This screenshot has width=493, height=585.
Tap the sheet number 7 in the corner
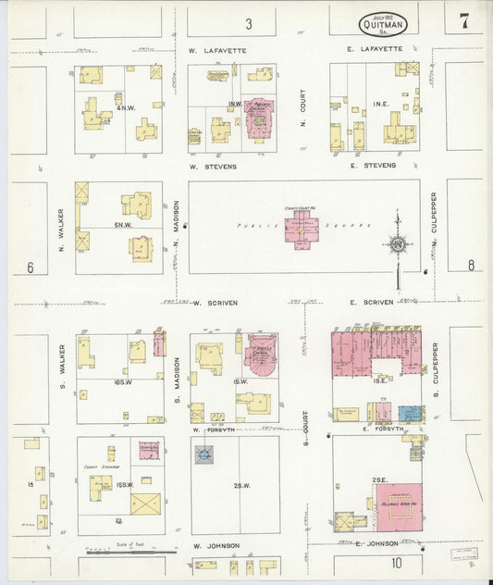[x=463, y=20]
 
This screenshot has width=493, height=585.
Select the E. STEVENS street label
[x=374, y=166]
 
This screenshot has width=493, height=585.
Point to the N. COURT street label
[x=302, y=107]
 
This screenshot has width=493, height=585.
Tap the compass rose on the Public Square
[x=398, y=244]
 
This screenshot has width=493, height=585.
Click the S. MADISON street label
[x=176, y=381]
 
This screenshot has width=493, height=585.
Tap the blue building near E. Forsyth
[x=410, y=414]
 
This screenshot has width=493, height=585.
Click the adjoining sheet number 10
[x=396, y=563]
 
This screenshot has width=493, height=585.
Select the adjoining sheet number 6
[x=30, y=268]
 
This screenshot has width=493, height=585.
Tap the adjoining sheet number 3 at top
[x=248, y=22]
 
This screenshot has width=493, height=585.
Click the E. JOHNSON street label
[x=377, y=543]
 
